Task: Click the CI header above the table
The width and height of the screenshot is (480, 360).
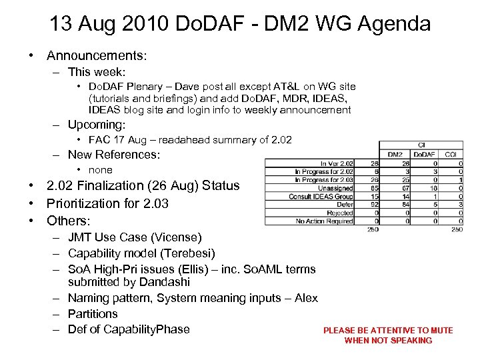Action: [421, 145]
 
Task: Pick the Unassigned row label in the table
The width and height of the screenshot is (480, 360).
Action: [335, 189]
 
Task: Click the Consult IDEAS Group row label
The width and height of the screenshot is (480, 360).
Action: [321, 197]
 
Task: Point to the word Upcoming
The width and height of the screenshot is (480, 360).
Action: [95, 125]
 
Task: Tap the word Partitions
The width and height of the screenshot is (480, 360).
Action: [93, 313]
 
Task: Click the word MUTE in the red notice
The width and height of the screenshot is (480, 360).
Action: [440, 330]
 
